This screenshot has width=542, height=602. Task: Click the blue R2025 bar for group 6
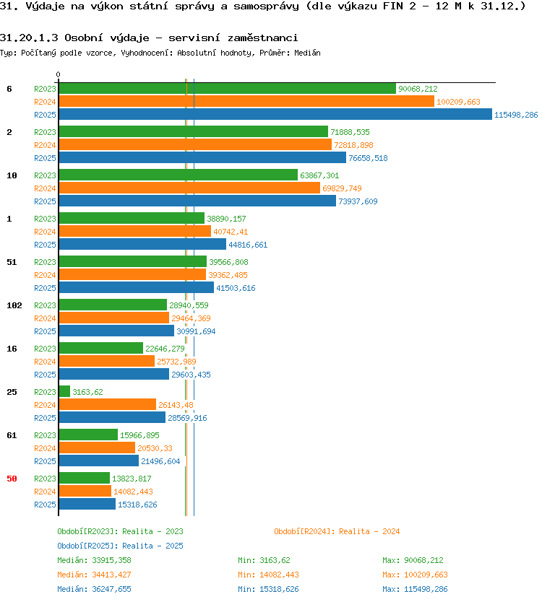pos(275,115)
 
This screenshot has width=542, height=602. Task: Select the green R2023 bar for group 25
pos(64,392)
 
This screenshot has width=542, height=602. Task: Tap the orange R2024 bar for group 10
pos(189,188)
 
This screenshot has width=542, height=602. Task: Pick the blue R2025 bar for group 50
pos(87,504)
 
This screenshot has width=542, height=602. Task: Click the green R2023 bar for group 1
pos(132,219)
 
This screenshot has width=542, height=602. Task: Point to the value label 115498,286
pos(516,115)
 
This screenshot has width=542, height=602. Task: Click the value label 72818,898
pos(353,145)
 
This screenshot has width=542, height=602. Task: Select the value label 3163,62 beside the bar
pos(87,392)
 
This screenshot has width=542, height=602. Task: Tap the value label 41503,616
pos(236,288)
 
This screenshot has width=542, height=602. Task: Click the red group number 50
pos(12,479)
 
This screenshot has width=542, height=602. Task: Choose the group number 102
pos(14,305)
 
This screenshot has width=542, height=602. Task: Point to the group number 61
pos(12,435)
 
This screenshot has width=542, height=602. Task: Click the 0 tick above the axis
pos(58,74)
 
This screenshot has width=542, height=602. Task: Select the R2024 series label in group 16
pos(45,362)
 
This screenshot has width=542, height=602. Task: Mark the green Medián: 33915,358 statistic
pos(94,560)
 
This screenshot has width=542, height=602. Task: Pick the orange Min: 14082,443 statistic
pos(268,575)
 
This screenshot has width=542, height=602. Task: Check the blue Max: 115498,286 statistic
pos(415,589)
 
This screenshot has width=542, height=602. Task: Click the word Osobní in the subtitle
pos(83,38)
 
